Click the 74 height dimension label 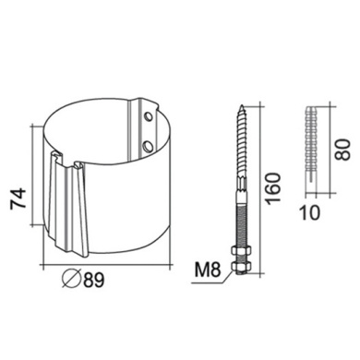[18, 198]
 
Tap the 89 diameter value [93, 280]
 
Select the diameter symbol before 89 [71, 279]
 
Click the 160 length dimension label [273, 188]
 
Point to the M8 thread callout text [208, 270]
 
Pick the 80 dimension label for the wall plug [342, 150]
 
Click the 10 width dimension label [310, 212]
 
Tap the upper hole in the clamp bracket [149, 117]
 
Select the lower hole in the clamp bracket [149, 146]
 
